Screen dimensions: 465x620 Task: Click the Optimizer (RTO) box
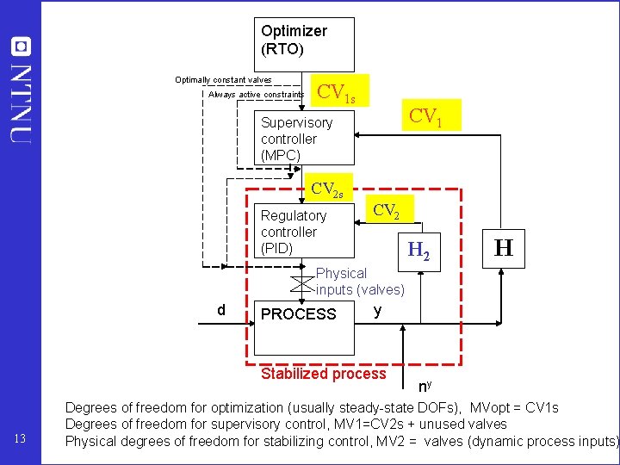[x=304, y=44]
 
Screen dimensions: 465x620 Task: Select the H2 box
[x=418, y=251]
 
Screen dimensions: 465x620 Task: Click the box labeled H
[x=504, y=249]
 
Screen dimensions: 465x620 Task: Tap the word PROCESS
[x=298, y=314]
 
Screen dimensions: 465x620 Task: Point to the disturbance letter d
[x=221, y=310]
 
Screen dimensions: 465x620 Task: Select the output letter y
[x=378, y=310]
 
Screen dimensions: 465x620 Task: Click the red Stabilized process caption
[x=323, y=374]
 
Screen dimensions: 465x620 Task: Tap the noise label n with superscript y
[x=425, y=387]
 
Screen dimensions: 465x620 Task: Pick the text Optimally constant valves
[x=223, y=79]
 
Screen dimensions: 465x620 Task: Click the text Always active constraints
[x=256, y=95]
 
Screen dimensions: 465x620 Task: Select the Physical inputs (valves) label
[x=359, y=282]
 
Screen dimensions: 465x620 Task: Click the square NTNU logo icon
[x=21, y=46]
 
